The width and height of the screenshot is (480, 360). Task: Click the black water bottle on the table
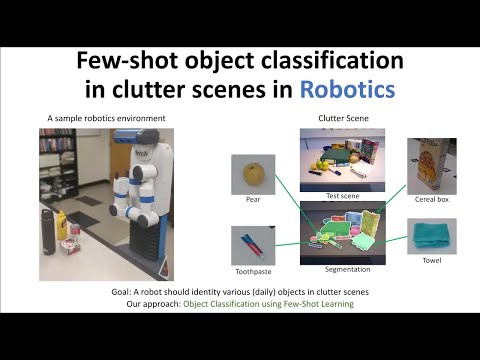pos(45,232)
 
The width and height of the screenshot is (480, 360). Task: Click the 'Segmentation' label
pos(344,269)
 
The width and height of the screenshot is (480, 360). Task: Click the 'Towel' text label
pos(431,261)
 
